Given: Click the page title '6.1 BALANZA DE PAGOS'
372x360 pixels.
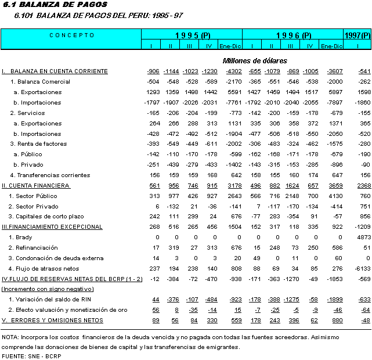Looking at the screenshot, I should (38, 5).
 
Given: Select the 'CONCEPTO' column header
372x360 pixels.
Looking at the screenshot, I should (71, 35).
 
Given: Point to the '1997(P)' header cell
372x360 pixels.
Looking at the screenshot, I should (357, 35).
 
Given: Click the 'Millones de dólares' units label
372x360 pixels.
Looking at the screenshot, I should (254, 60).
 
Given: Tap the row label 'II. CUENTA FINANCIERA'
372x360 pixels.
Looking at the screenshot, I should (37, 185).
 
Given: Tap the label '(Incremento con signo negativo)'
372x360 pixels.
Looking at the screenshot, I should (43, 289).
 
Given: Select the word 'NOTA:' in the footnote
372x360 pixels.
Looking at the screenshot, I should (10, 337).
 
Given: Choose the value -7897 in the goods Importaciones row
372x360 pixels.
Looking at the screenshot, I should (331, 103).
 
